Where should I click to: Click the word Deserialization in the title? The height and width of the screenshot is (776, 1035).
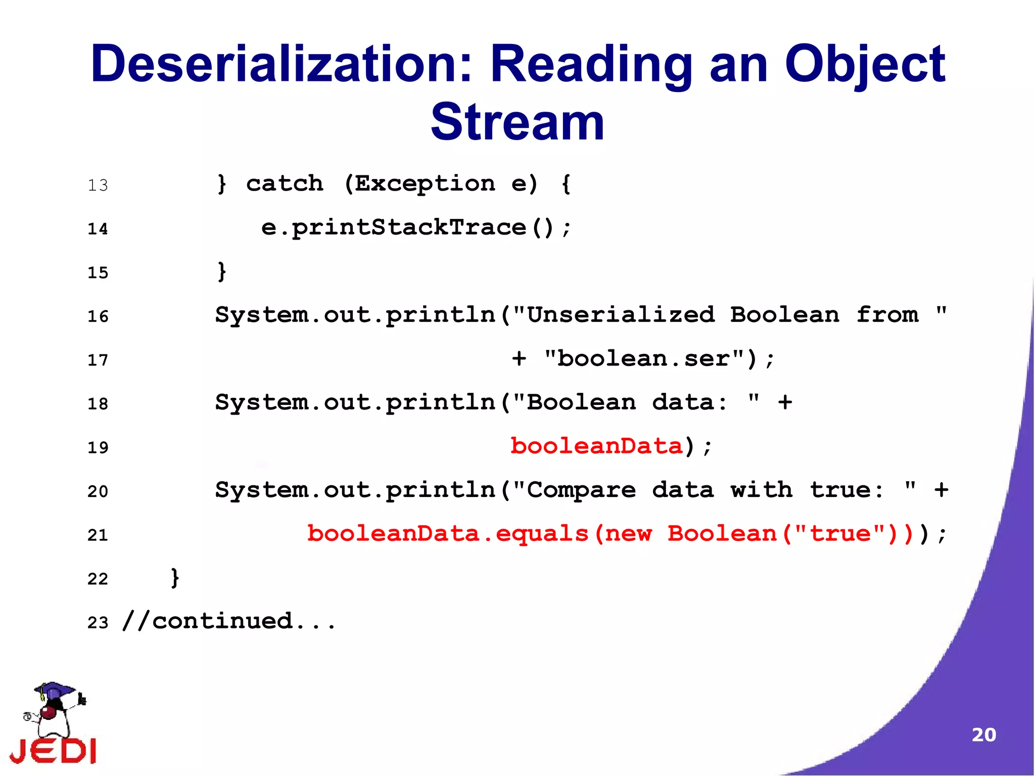(x=281, y=64)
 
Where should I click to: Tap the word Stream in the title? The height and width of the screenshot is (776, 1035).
(x=517, y=122)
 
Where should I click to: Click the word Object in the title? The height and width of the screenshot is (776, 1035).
(x=864, y=64)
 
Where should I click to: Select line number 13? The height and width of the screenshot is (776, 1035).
(x=98, y=186)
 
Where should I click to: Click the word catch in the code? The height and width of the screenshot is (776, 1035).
(x=285, y=184)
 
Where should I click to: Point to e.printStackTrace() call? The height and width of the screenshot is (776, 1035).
(x=415, y=227)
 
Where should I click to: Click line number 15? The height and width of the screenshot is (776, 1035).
(x=98, y=273)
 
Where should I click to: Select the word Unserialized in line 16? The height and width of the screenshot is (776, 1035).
(x=621, y=315)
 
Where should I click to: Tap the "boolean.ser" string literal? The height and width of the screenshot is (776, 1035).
(x=643, y=359)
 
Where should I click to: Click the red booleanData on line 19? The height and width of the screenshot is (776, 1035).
(x=596, y=446)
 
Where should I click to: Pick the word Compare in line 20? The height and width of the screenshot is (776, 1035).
(x=581, y=490)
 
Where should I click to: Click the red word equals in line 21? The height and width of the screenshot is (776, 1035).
(x=542, y=534)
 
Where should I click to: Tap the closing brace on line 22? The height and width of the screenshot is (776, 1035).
(x=175, y=577)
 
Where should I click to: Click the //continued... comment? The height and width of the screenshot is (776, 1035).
(x=228, y=621)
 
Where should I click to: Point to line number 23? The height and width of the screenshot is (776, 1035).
(x=98, y=623)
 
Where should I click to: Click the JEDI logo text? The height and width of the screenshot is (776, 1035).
(x=53, y=751)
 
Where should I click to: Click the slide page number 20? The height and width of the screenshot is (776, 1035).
(x=983, y=735)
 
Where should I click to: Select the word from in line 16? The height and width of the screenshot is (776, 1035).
(x=887, y=315)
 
